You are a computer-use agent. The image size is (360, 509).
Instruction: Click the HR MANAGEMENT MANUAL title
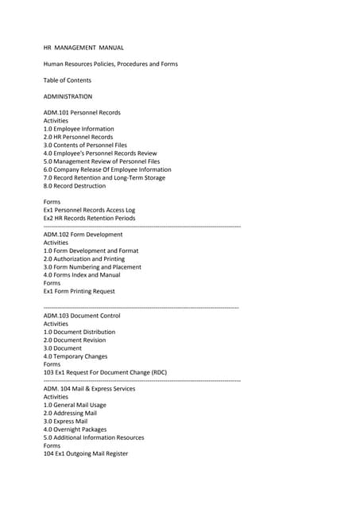pos(83,48)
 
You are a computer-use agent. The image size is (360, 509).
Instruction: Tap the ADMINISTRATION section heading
pos(68,96)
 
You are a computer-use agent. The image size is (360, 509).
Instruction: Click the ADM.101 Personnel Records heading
pos(82,113)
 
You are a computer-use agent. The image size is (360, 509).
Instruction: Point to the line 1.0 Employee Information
pos(79,129)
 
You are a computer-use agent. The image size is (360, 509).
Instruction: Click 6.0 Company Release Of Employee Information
pos(107,169)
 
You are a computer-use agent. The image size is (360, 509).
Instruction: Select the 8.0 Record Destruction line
pos(74,186)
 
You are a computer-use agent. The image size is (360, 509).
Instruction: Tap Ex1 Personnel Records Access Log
pos(89,210)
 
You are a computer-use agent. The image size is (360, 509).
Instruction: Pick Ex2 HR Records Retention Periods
pos(89,218)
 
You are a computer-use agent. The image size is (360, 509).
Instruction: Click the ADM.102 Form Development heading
pos(83,235)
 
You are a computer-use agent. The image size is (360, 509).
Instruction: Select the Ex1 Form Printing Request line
pos(79,291)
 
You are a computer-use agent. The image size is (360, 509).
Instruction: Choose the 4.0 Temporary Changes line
pos(75,356)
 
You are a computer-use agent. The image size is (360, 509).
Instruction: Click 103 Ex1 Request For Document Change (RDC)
pos(105,372)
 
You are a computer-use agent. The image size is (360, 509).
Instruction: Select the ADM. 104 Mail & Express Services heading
pos(89,389)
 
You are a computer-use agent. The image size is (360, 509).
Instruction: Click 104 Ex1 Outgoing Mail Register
pos(85,453)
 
